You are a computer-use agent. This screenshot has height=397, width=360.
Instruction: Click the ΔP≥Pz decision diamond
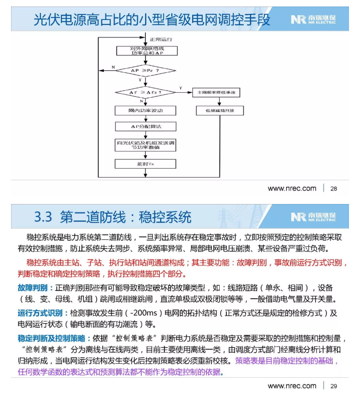pos(145,71)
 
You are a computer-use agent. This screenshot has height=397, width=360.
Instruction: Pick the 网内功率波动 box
pos(145,110)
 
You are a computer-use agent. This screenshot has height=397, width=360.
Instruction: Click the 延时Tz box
pos(145,164)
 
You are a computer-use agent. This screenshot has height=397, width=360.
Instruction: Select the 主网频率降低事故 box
pos(220,93)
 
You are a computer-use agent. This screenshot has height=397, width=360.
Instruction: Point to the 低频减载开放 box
pos(220,110)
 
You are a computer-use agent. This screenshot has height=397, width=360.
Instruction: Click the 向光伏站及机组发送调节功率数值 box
pos(145,145)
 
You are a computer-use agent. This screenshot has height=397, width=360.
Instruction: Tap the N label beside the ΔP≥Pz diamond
pos(113,67)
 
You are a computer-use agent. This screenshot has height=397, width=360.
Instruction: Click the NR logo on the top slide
pos(299,20)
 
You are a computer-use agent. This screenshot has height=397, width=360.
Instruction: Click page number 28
pos(334,189)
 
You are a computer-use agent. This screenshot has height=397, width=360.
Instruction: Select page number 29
pos(334,386)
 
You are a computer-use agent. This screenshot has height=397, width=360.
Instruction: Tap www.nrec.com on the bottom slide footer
pos(292,386)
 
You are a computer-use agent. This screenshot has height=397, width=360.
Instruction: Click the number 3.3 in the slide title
pos(43,217)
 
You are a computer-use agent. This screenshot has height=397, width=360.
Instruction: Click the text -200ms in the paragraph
pos(146,313)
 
